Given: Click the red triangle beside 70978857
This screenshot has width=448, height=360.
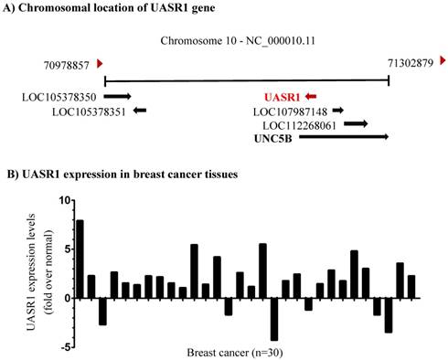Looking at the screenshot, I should pos(101,63).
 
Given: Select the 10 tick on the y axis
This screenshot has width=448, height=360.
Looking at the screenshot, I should pos(63,199).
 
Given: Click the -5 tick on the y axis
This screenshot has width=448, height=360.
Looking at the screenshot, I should pos(63,347).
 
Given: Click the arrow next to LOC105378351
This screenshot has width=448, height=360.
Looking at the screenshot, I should pos(139,111).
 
